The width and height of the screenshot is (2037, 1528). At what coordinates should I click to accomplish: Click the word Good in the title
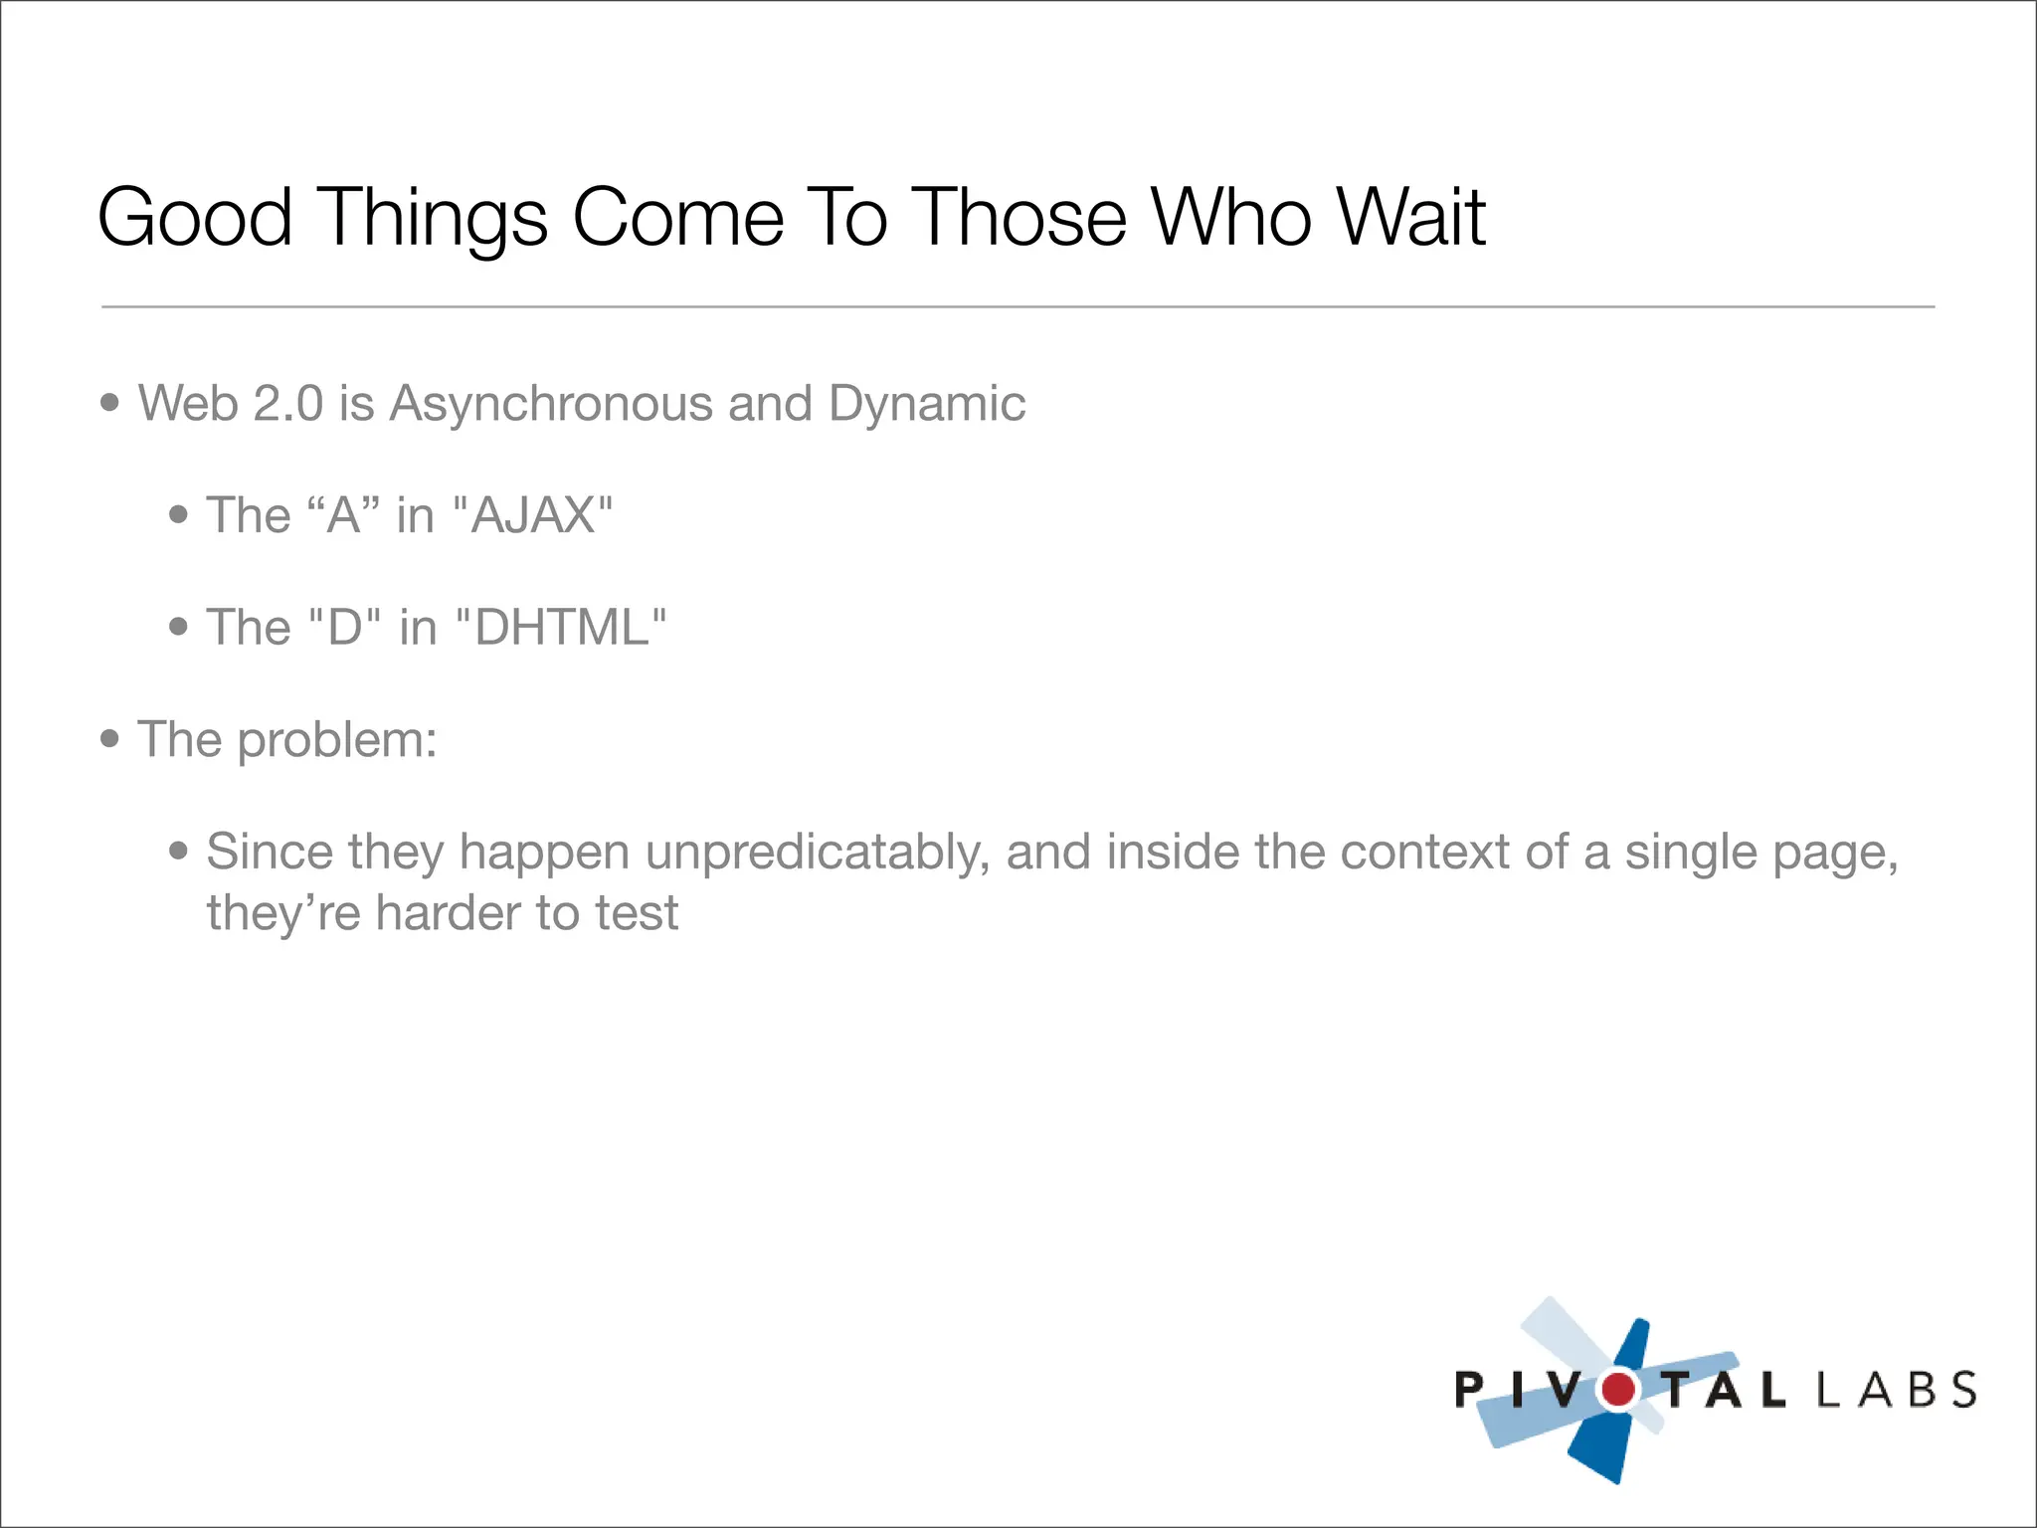(195, 218)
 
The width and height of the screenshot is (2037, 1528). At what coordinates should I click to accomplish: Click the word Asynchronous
(550, 405)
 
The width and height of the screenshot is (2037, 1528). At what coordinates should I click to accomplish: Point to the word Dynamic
(926, 405)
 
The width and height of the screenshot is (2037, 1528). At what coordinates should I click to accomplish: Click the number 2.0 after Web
(288, 404)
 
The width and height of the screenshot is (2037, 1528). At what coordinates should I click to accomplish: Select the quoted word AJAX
(533, 515)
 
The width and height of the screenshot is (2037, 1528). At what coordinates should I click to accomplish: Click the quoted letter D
(345, 628)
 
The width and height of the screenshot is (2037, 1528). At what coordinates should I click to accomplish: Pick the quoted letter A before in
(344, 515)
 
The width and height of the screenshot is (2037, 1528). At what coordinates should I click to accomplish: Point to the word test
(637, 913)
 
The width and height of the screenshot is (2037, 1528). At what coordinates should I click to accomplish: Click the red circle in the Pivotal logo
(1618, 1389)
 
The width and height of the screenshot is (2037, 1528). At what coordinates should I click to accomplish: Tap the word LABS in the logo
(1896, 1390)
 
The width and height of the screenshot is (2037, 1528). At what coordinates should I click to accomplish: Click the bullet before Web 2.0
(110, 403)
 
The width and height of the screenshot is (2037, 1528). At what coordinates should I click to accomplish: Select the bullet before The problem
(110, 739)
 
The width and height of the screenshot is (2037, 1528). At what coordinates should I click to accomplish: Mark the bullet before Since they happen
(179, 852)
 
